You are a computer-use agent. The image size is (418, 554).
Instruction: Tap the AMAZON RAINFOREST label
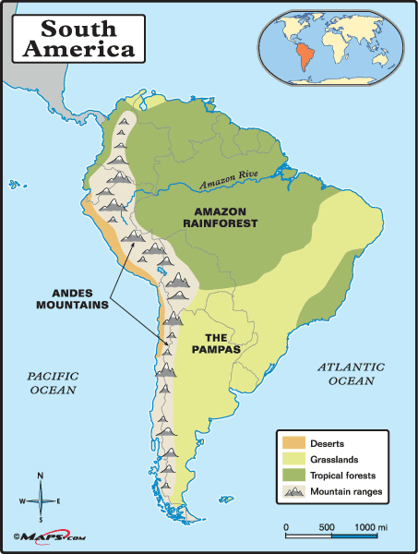pos(225,217)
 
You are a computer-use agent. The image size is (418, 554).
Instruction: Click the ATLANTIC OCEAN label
pos(347,373)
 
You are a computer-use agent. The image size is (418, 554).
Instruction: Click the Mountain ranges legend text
pos(347,492)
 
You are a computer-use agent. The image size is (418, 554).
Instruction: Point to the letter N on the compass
pos(40,476)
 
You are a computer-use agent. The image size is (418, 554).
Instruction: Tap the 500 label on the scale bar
pos(325,526)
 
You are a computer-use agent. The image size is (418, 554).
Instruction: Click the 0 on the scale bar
pos(286,526)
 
